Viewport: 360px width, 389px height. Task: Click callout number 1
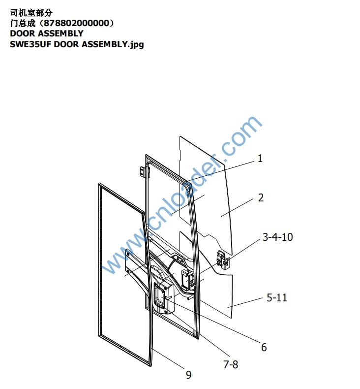260,158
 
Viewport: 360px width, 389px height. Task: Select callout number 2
261,198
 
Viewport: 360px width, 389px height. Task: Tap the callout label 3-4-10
278,237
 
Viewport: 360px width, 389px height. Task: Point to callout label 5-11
277,297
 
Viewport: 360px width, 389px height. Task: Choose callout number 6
264,347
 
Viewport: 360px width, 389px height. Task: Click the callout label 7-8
231,364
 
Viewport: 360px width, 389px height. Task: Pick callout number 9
188,375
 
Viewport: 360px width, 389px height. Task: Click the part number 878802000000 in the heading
76,23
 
